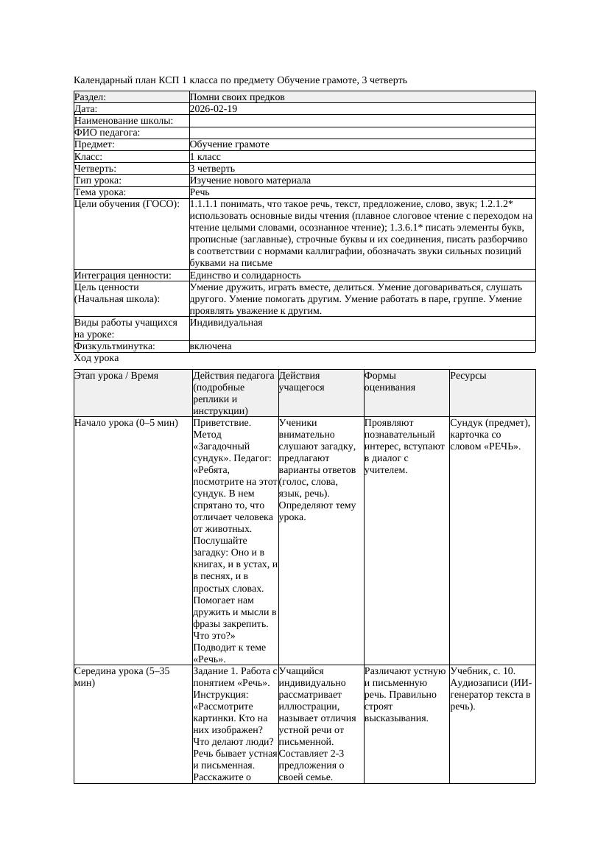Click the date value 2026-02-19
pyautogui.click(x=214, y=108)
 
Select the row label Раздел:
pyautogui.click(x=91, y=97)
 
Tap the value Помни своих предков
pyautogui.click(x=237, y=97)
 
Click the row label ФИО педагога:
pyautogui.click(x=108, y=133)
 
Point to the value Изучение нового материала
pyautogui.click(x=250, y=180)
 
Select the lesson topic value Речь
pyautogui.click(x=200, y=192)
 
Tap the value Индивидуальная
pyautogui.click(x=226, y=323)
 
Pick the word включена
pyautogui.click(x=211, y=346)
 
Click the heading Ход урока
pyautogui.click(x=96, y=358)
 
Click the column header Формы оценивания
pyautogui.click(x=390, y=381)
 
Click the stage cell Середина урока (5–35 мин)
pyautogui.click(x=122, y=677)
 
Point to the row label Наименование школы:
pyautogui.click(x=124, y=121)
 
